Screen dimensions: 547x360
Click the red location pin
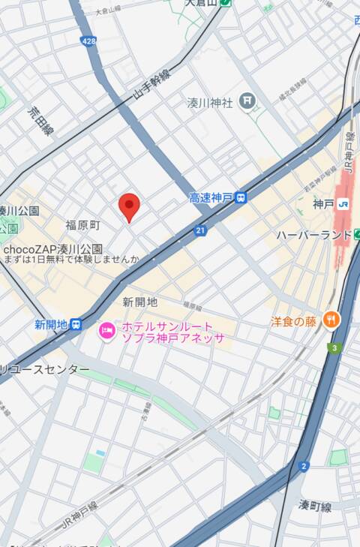tap(130, 206)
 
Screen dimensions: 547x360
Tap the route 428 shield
tap(89, 41)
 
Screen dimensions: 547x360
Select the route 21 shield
tap(200, 231)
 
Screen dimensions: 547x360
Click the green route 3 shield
tap(334, 348)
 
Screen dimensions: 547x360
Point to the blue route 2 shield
tap(304, 466)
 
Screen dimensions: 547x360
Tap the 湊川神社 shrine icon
tap(247, 101)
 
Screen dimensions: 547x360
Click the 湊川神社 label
tap(210, 103)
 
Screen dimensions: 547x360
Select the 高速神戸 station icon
tap(241, 198)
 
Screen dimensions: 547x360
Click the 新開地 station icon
tap(76, 324)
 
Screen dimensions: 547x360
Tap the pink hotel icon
tap(107, 331)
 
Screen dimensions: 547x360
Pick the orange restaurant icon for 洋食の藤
tap(331, 320)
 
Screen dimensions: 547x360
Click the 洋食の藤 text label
tap(293, 321)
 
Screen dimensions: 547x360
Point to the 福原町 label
tap(82, 225)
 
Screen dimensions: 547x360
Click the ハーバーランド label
tap(313, 235)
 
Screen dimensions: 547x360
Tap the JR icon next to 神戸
tap(343, 203)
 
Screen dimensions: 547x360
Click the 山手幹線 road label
tap(152, 83)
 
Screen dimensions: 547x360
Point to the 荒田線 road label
tap(40, 120)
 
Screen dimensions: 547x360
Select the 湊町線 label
tap(315, 506)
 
